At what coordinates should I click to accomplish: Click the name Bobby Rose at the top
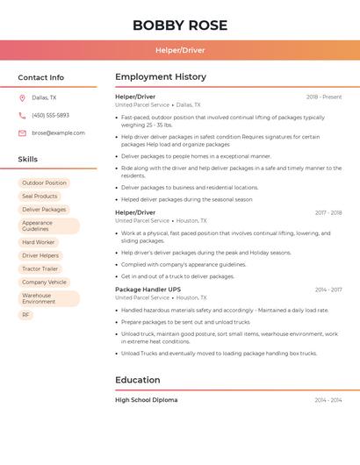click(179, 25)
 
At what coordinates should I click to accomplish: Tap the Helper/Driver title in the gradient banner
click(179, 50)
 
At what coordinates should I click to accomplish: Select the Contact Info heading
click(41, 77)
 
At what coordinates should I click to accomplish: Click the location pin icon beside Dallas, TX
click(22, 97)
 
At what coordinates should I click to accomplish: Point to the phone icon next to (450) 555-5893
click(22, 115)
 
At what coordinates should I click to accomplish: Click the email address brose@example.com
click(58, 133)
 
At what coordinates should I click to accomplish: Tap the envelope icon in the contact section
click(22, 133)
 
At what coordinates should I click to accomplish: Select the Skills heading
click(28, 160)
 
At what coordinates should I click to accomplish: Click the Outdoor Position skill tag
click(44, 183)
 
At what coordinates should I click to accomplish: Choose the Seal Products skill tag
click(40, 197)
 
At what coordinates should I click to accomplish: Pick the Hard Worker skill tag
click(39, 242)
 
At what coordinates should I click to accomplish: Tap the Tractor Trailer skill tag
click(40, 268)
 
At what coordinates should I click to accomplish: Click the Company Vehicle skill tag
click(44, 283)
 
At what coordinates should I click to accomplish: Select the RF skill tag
click(25, 314)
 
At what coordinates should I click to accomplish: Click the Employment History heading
click(161, 77)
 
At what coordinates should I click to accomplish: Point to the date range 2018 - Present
click(324, 97)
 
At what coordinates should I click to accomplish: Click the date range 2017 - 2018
click(328, 213)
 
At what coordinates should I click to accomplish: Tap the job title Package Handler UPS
click(148, 290)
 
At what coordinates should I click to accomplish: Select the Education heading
click(138, 380)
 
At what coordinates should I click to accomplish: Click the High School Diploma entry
click(146, 400)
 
